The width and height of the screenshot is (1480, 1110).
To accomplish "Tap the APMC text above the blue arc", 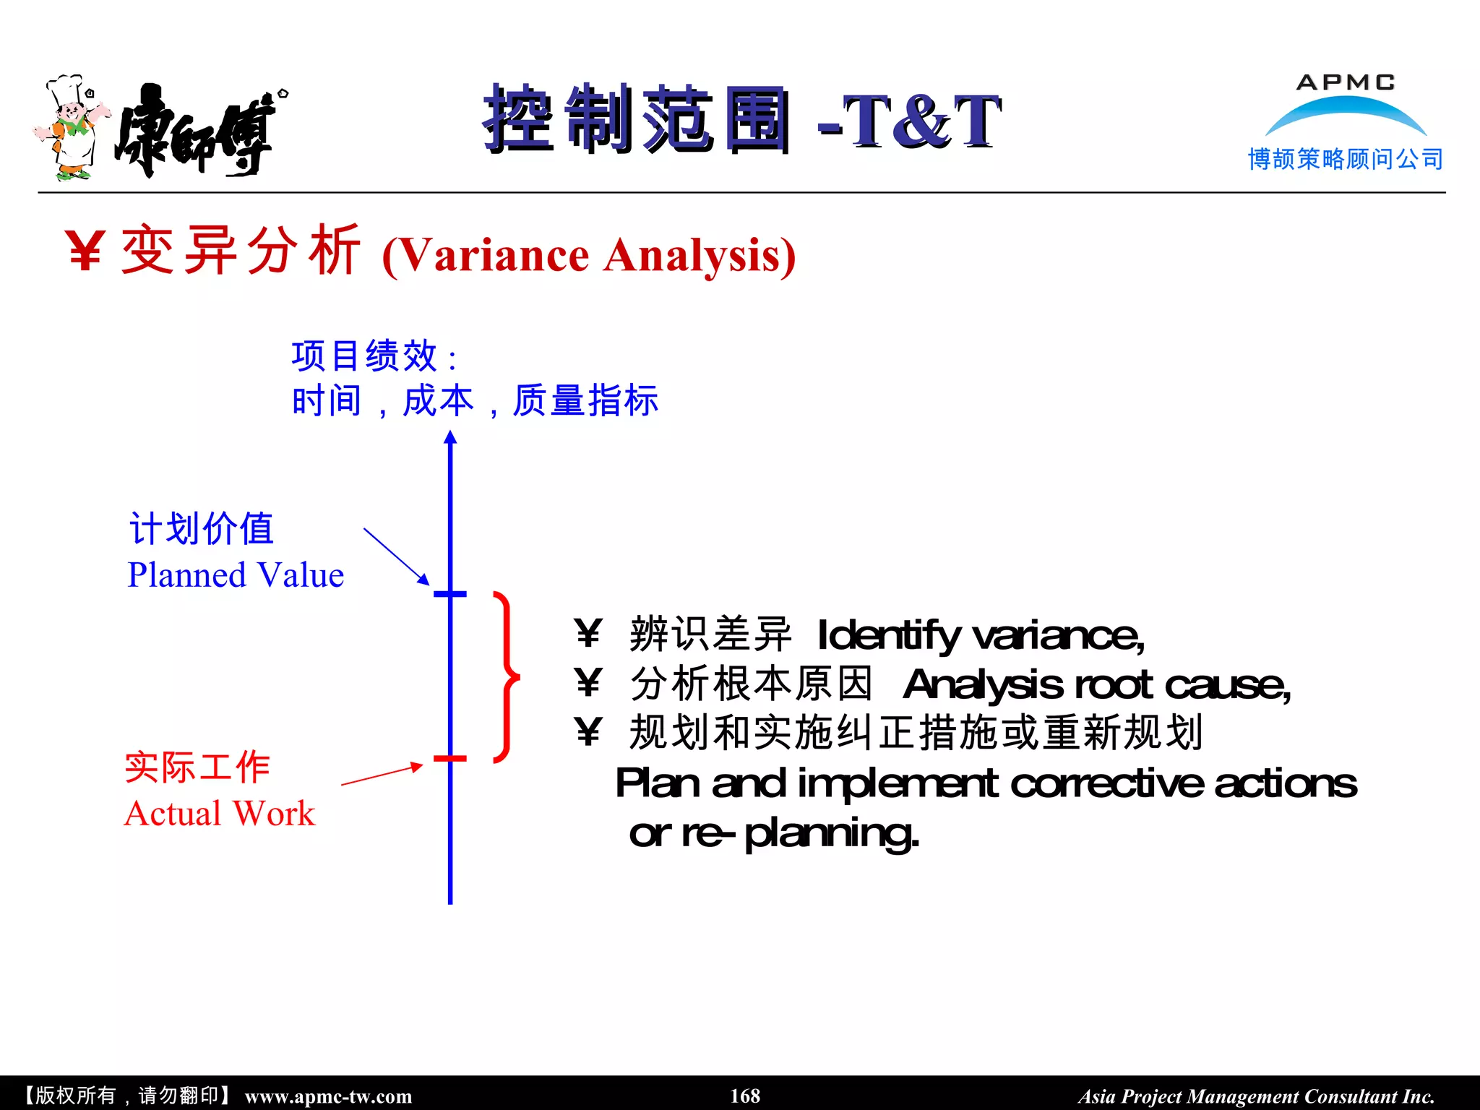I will [x=1346, y=82].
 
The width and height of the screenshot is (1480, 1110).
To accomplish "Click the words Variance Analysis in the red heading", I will [x=588, y=255].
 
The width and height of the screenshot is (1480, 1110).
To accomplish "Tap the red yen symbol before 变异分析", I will [x=86, y=251].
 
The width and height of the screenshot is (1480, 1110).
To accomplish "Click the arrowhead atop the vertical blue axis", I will [x=450, y=436].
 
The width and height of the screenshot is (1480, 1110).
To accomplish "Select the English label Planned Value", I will [x=236, y=575].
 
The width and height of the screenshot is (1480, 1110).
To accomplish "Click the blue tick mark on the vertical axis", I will [x=449, y=594].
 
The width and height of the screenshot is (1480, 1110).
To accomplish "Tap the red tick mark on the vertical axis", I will [x=449, y=759].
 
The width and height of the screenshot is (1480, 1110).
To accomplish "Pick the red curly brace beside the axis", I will [x=507, y=677].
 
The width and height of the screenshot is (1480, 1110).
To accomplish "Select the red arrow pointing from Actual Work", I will [x=382, y=774].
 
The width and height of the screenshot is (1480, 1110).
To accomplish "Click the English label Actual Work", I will [x=220, y=814].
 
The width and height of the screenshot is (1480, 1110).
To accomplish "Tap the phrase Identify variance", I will [x=980, y=636].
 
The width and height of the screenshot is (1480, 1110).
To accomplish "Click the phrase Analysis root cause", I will [x=1096, y=684].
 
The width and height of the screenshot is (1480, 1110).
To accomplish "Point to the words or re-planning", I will [x=774, y=833].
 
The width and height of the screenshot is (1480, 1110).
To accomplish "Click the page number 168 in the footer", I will [x=745, y=1096].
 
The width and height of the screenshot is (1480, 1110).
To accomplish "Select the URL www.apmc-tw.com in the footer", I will [x=328, y=1096].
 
